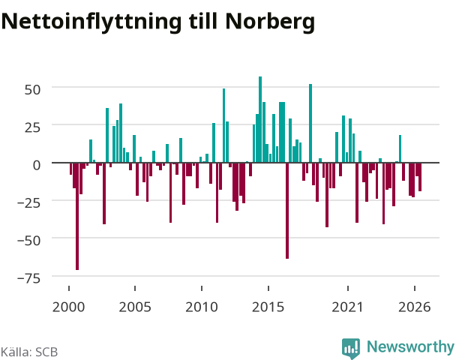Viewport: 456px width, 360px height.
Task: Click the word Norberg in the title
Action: point(270,22)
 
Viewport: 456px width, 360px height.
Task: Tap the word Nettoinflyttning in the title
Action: point(91,22)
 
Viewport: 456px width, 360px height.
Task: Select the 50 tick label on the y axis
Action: point(32,89)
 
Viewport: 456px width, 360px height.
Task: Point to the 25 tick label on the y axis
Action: point(32,127)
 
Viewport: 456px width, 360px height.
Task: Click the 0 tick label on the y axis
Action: point(37,165)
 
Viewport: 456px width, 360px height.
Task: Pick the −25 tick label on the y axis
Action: point(29,202)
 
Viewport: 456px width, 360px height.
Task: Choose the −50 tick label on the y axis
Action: point(29,241)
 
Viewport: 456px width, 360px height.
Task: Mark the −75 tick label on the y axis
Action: point(29,278)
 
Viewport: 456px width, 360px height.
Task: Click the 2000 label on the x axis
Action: point(69,307)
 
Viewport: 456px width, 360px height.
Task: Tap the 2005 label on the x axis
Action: point(135,307)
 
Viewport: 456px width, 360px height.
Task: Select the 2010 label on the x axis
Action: point(202,307)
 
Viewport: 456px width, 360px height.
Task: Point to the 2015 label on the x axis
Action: point(268,307)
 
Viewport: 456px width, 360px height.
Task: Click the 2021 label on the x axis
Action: point(348,307)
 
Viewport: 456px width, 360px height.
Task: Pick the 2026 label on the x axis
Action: point(415,307)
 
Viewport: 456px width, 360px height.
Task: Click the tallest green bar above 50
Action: point(260,119)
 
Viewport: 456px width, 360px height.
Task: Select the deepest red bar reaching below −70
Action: point(77,216)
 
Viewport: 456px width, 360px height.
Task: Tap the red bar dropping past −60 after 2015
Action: point(287,211)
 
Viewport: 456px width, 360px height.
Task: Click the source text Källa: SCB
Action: point(29,352)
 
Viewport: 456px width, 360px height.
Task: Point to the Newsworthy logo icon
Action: point(351,348)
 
